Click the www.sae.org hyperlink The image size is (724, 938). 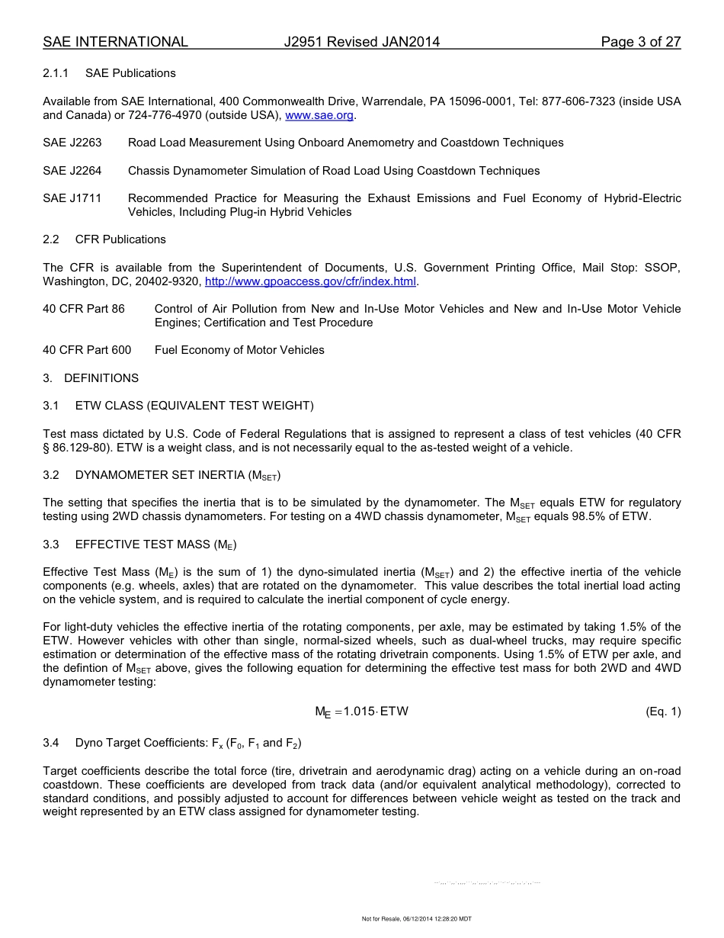[319, 115]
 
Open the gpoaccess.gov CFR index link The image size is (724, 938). [311, 281]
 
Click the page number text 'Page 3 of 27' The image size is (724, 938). [640, 42]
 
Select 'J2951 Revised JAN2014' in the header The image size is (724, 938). [361, 42]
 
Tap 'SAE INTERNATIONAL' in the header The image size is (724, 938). [115, 42]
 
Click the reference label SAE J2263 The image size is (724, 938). [72, 143]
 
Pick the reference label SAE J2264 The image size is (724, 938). [72, 171]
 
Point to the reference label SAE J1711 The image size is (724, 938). [72, 198]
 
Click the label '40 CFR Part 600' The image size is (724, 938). [87, 350]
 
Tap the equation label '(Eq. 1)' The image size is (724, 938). [662, 712]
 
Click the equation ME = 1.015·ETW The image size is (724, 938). [361, 712]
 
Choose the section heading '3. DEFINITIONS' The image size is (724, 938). [91, 378]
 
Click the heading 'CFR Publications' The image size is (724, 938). [120, 239]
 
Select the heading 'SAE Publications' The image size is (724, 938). [130, 73]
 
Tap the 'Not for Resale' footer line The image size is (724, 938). [416, 919]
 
